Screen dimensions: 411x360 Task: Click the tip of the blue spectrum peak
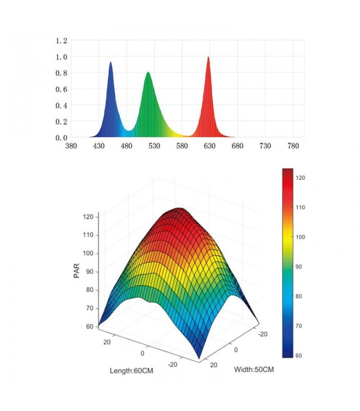[x=110, y=63]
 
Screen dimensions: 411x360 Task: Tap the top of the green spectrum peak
[x=148, y=72]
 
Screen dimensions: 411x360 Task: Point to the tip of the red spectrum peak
[x=208, y=57]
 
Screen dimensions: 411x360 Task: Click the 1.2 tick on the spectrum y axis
[x=62, y=41]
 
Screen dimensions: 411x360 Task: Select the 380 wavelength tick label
[x=71, y=146]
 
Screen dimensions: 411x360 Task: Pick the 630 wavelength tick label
[x=209, y=146]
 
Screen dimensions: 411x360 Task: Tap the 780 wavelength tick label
[x=292, y=146]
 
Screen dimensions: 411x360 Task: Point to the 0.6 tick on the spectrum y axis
[x=62, y=89]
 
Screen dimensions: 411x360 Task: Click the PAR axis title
[x=77, y=271]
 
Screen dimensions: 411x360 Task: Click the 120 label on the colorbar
[x=301, y=177]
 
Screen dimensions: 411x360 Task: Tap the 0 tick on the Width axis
[x=236, y=349]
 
